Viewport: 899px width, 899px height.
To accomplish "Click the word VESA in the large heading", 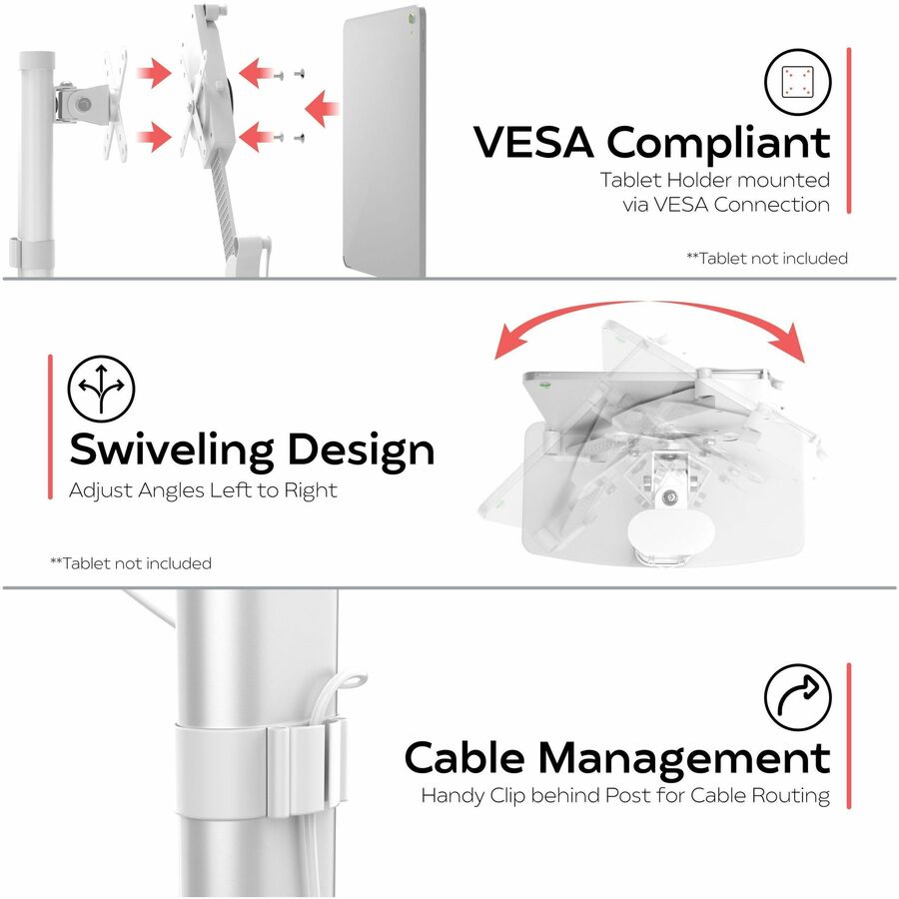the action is pos(533,142).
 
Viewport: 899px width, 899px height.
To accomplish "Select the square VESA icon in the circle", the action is pos(797,82).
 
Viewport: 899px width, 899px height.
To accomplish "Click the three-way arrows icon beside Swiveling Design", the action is pos(102,389).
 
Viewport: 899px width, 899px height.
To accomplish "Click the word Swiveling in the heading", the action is pos(172,451).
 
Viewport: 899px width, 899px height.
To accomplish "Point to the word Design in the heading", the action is pos(361,451).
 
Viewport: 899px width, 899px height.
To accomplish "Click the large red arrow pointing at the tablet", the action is pos(322,107).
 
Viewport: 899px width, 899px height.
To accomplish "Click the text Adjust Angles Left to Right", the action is pos(203,490).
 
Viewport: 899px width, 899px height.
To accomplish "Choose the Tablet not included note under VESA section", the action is pos(767,258).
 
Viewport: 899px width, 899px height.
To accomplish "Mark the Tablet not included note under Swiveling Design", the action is pos(131,563).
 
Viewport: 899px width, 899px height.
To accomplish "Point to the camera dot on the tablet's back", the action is pos(413,18).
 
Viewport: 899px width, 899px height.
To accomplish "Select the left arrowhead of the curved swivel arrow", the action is pos(509,342).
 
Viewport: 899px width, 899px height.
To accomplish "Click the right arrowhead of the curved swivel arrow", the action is pos(790,343).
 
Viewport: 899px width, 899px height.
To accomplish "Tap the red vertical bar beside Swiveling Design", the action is pos(51,427).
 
